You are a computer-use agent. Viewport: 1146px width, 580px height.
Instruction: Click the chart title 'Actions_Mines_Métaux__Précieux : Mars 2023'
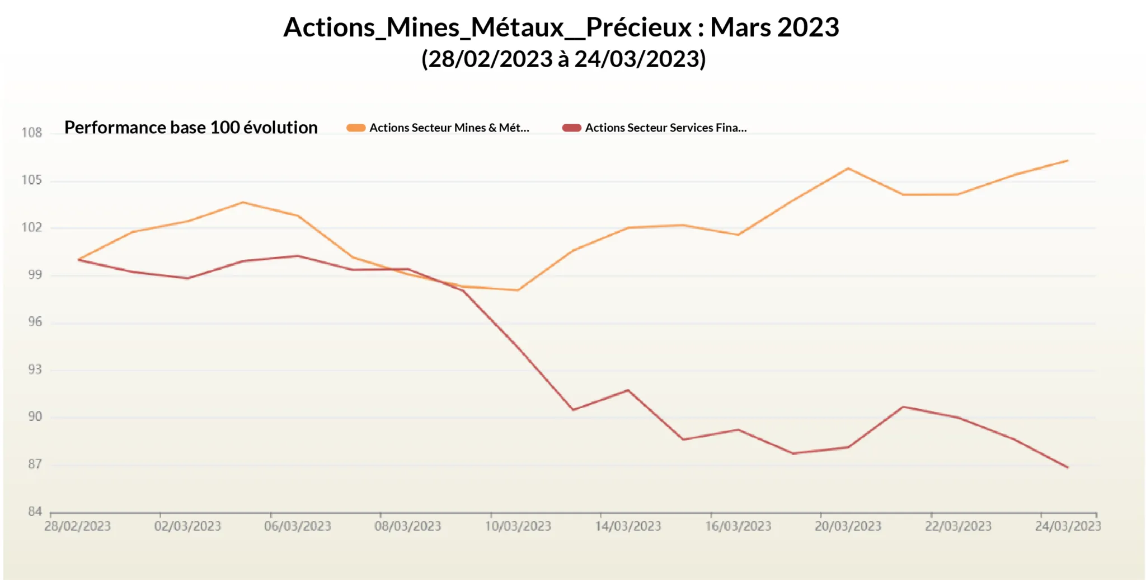click(561, 27)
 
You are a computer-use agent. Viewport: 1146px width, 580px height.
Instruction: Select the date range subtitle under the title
click(563, 59)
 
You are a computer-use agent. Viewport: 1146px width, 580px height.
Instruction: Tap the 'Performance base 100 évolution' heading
click(191, 128)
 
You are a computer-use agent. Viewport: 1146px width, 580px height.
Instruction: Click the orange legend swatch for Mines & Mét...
click(356, 128)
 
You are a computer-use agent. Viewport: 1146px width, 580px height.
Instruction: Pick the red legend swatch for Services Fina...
click(571, 128)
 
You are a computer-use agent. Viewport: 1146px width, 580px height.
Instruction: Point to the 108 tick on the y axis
click(32, 133)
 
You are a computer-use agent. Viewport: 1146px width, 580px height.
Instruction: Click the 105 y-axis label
click(32, 180)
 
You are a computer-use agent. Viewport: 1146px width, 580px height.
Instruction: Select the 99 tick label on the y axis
click(35, 275)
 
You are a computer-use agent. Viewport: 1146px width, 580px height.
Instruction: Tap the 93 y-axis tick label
click(35, 369)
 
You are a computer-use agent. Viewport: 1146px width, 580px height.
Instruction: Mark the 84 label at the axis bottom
click(35, 511)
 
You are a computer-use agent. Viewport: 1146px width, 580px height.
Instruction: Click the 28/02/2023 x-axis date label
click(78, 526)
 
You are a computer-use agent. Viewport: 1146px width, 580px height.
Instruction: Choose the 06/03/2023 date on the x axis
click(298, 526)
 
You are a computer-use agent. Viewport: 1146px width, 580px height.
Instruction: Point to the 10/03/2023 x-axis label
click(518, 526)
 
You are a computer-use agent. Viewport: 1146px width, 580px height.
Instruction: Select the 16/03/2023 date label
click(738, 526)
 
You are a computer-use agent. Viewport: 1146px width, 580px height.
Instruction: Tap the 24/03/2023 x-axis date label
click(1068, 526)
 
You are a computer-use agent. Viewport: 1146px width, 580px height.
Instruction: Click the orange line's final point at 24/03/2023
click(1068, 161)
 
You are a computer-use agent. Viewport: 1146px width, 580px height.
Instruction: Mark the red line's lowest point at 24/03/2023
click(1068, 467)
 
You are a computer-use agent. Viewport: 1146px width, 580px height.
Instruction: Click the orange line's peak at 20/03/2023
click(848, 168)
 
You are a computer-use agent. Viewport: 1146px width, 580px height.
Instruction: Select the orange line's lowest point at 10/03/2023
click(518, 290)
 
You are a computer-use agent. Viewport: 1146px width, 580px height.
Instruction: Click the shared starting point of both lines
click(78, 259)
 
